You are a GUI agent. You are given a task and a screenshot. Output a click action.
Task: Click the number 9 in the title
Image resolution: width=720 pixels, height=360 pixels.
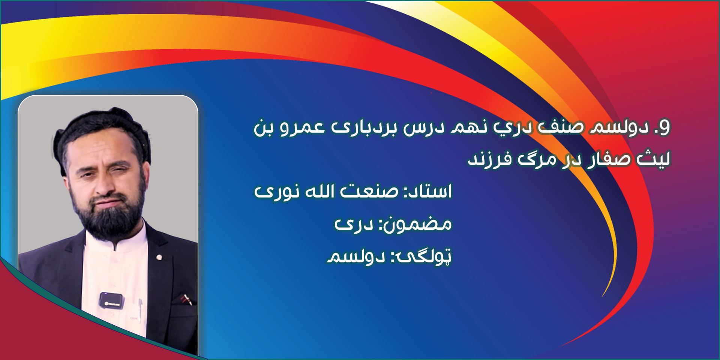coord(664,127)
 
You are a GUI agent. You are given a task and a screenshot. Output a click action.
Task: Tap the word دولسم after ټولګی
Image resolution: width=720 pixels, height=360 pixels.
coord(356,257)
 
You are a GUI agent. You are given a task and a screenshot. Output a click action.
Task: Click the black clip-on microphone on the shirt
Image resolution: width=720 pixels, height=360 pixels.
coord(111,300)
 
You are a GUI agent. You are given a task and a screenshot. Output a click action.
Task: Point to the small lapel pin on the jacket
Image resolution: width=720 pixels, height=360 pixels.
coord(159,257)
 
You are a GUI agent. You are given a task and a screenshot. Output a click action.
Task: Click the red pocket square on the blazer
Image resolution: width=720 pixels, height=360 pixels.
coord(186,299)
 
